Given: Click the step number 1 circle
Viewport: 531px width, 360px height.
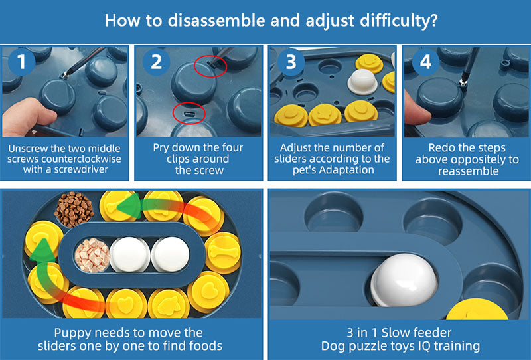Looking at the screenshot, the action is [x=22, y=62].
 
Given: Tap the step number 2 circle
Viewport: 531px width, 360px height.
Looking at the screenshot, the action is [x=156, y=62].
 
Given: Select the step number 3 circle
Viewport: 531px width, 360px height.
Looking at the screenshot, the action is [x=291, y=62].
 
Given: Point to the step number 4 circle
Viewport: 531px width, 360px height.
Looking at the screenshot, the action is [x=425, y=62].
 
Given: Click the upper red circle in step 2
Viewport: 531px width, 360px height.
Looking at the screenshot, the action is [x=210, y=66].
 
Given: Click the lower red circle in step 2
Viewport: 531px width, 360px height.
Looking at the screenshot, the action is [x=189, y=113].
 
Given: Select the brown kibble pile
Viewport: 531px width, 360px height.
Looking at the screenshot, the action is [x=74, y=209].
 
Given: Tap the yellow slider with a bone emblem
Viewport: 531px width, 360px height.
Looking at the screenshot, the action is [x=223, y=253].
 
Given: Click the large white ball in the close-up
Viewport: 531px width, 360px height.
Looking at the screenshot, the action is [x=404, y=280].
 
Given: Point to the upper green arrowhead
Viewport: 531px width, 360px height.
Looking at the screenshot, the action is [x=131, y=206].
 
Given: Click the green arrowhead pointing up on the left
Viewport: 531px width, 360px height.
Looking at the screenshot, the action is [x=42, y=250].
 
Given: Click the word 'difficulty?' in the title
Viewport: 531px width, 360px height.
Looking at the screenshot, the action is [x=399, y=21].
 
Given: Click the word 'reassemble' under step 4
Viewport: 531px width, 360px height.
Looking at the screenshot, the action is [x=469, y=171].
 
